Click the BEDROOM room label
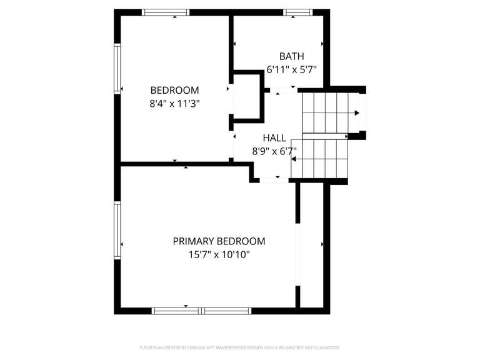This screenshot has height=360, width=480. click(x=174, y=90)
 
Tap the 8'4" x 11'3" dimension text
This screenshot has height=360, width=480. click(x=174, y=104)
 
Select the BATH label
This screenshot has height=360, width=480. click(x=291, y=56)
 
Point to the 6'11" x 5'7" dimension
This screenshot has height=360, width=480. click(x=291, y=70)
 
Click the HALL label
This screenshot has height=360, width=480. click(x=274, y=137)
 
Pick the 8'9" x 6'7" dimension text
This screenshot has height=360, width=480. click(x=274, y=151)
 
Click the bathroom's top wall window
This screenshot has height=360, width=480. click(x=297, y=12)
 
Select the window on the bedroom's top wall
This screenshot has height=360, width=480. click(x=165, y=12)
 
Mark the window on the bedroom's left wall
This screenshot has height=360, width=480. click(x=117, y=68)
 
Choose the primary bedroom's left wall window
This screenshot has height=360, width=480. click(x=117, y=229)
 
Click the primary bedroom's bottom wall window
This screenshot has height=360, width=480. click(x=202, y=310)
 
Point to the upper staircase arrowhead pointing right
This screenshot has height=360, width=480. click(x=357, y=113)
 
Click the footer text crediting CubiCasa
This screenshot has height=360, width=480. click(x=241, y=347)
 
